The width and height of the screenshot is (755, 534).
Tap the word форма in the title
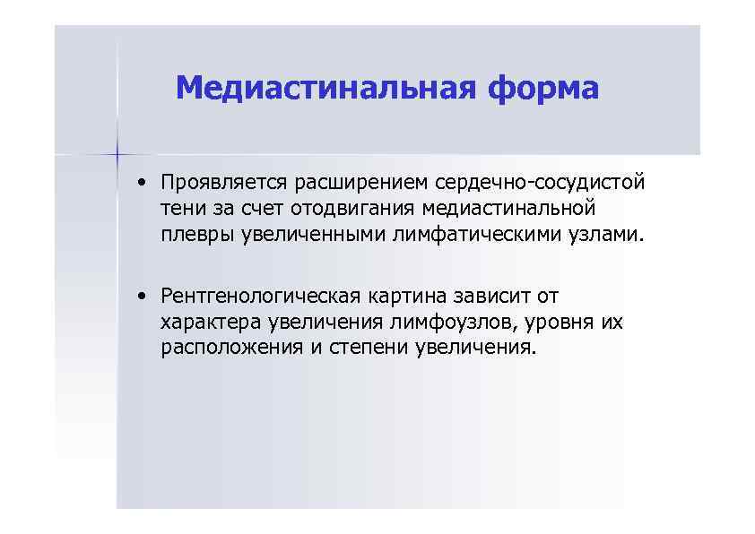point(543,89)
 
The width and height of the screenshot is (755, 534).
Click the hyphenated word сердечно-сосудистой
point(540,184)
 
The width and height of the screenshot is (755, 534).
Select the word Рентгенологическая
point(259,296)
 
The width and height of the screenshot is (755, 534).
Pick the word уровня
point(553,322)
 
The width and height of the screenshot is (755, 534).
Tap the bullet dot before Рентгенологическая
point(143,296)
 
